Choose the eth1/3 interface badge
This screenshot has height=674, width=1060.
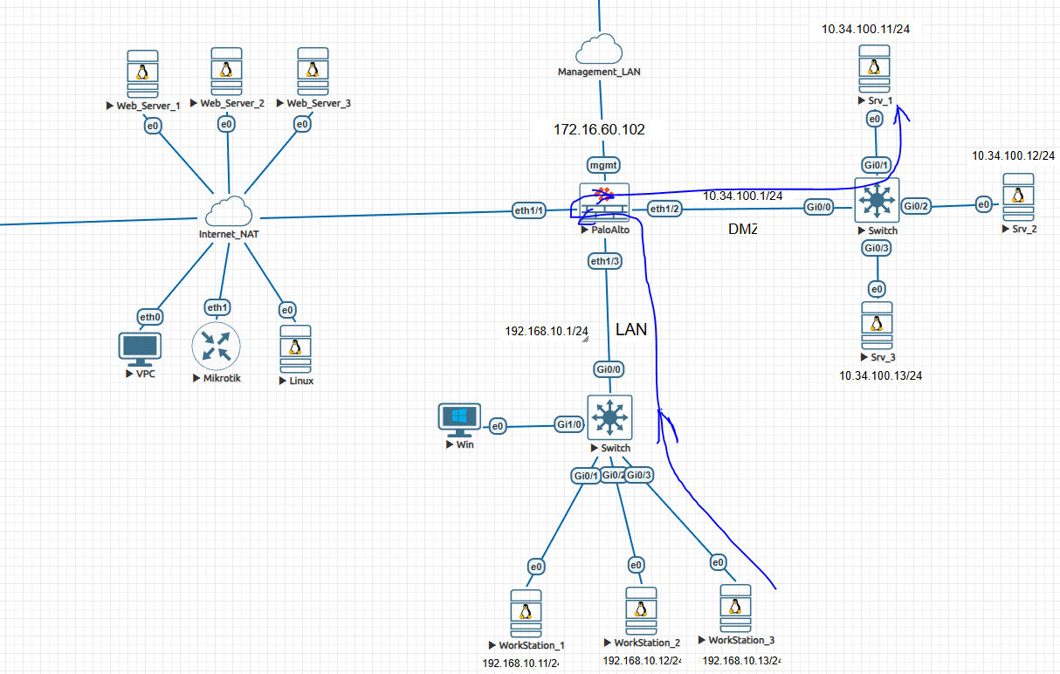click(x=605, y=260)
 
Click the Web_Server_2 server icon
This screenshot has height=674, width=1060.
click(x=226, y=72)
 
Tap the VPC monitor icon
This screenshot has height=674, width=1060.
click(x=139, y=349)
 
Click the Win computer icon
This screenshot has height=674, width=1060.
click(x=458, y=420)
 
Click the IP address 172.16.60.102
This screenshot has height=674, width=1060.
click(x=599, y=129)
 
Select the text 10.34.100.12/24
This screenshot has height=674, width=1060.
click(x=1013, y=155)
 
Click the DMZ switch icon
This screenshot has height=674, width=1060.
click(x=875, y=201)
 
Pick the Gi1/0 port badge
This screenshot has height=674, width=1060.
click(x=570, y=424)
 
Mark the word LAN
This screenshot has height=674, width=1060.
click(x=631, y=329)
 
